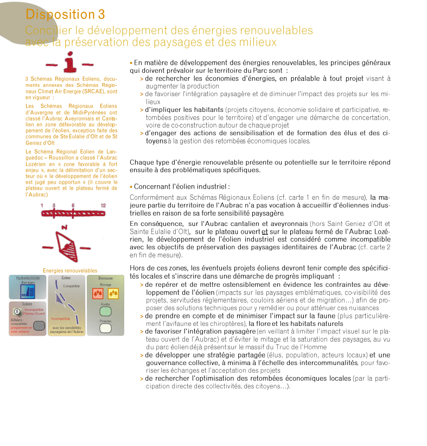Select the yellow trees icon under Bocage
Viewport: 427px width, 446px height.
[113, 294]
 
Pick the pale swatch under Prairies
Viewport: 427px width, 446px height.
[105, 328]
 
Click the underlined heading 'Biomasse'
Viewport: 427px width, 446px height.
[106, 278]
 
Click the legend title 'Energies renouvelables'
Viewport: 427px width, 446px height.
[70, 271]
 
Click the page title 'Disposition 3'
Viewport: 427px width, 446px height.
[65, 15]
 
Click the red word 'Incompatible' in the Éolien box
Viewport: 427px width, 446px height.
[60, 318]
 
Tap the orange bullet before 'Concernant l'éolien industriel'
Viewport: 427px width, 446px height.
[131, 186]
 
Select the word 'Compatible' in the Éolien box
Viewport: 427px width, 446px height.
[72, 286]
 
